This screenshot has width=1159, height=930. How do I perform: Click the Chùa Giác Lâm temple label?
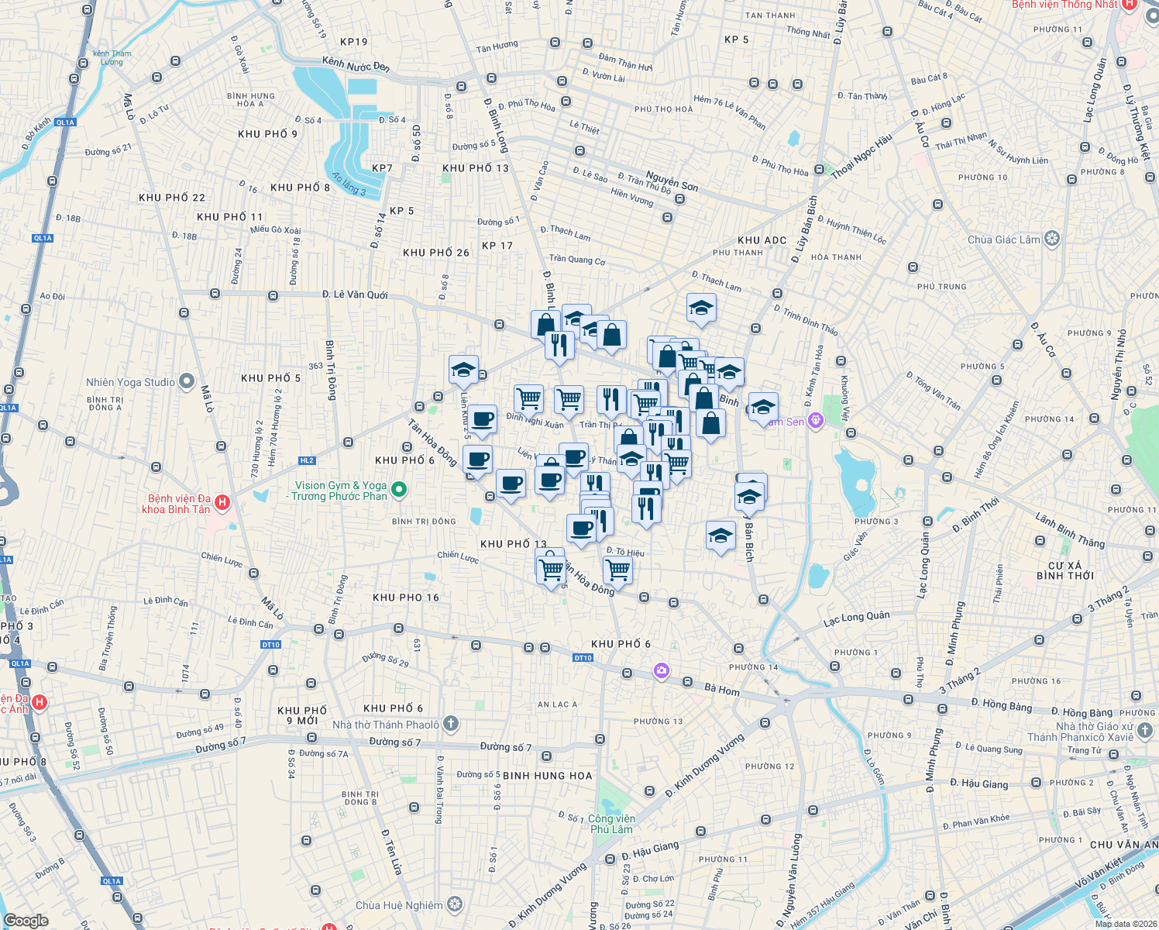point(1003,239)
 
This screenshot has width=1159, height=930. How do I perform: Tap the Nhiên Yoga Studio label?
point(130,382)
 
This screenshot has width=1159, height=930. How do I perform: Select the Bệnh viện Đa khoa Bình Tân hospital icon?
point(222,503)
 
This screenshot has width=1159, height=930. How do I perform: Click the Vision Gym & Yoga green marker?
point(399,489)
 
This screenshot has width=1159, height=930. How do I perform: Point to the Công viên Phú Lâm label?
point(611,824)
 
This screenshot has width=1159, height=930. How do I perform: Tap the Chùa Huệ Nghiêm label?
point(399,905)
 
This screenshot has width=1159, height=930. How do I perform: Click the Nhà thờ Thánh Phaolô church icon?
point(451,724)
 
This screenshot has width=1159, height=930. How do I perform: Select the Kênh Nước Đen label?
point(356,64)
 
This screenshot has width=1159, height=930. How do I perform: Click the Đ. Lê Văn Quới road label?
point(355,294)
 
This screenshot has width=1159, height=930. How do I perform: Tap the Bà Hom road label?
point(722,690)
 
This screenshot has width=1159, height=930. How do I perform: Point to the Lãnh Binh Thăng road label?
point(1070,530)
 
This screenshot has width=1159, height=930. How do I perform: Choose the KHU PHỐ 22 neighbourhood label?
point(172,198)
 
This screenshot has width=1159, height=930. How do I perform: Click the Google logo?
point(26,920)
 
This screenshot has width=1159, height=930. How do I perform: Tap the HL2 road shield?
point(307,460)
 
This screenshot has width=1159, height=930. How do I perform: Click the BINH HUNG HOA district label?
point(547,776)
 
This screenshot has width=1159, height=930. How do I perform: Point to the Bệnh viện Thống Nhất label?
point(1064,5)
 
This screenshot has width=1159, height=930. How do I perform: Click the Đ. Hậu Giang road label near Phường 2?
point(979,784)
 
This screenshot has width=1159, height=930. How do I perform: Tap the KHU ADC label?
point(762,240)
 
